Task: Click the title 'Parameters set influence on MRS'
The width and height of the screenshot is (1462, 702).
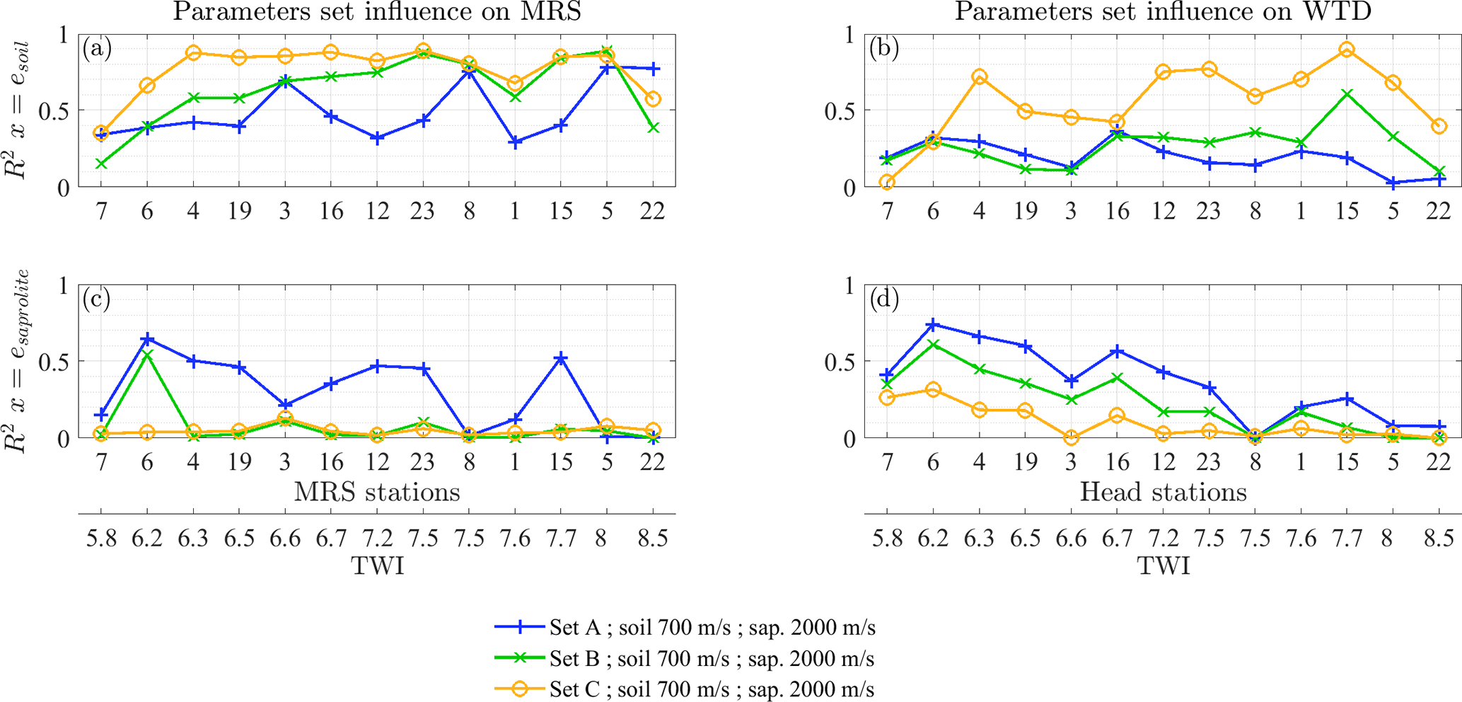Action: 377,12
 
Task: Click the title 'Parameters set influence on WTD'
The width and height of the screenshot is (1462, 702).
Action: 1163,12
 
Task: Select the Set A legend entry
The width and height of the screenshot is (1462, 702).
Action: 712,628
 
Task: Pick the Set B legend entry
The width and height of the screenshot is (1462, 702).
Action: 712,659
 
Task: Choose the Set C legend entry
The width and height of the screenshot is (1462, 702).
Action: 712,689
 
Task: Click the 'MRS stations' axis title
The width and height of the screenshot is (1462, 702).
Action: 377,492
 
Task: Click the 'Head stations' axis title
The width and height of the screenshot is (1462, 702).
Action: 1163,492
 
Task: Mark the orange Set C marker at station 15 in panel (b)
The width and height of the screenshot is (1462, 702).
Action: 1347,50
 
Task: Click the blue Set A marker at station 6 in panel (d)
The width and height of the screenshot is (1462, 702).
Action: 933,325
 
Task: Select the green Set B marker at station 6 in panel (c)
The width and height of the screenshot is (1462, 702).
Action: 147,355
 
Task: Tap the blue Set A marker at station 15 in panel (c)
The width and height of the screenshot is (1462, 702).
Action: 561,359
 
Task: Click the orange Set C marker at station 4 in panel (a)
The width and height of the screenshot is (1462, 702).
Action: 193,53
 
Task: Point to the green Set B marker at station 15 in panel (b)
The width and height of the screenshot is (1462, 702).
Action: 1347,94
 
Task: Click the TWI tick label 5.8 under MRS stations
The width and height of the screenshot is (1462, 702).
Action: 101,539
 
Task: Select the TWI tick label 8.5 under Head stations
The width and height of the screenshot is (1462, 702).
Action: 1438,539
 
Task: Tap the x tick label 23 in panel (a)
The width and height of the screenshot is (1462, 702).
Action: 422,211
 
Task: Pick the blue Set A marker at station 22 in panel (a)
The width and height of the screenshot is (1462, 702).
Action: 653,69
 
